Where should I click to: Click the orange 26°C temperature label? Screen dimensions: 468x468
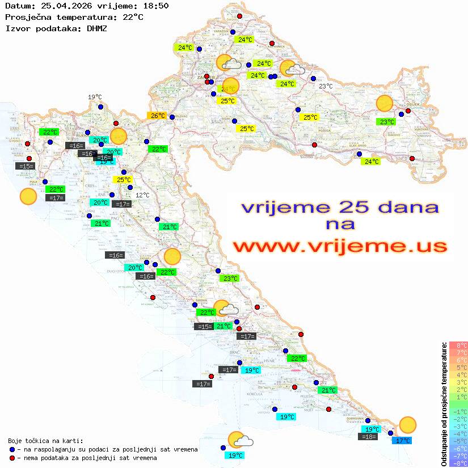pyautogui.click(x=157, y=116)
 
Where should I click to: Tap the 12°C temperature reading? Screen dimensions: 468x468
pyautogui.click(x=142, y=195)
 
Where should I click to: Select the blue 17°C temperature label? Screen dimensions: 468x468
pyautogui.click(x=403, y=440)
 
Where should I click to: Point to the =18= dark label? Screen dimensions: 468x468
pyautogui.click(x=369, y=437)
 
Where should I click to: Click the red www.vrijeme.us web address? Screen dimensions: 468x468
pyautogui.click(x=340, y=246)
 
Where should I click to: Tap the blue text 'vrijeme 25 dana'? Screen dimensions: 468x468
pyautogui.click(x=340, y=207)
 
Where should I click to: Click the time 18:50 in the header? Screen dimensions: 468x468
pyautogui.click(x=155, y=6)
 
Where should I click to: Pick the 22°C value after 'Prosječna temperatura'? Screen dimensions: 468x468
pyautogui.click(x=133, y=17)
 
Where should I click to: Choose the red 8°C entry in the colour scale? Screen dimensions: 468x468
pyautogui.click(x=458, y=345)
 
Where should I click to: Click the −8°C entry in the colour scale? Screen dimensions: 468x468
pyautogui.click(x=458, y=463)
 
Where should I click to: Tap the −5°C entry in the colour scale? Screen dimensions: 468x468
pyautogui.click(x=458, y=441)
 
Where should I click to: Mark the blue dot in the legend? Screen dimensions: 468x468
pyautogui.click(x=12, y=449)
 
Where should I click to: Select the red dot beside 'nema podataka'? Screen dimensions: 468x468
pyautogui.click(x=12, y=458)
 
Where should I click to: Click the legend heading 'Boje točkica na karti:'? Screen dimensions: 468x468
pyautogui.click(x=45, y=441)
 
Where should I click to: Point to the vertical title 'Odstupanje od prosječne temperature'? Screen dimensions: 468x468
pyautogui.click(x=445, y=404)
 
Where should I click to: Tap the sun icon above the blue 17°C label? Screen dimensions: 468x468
pyautogui.click(x=407, y=424)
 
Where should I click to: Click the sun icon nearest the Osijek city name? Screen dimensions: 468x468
pyautogui.click(x=385, y=104)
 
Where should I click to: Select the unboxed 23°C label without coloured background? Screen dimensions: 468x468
pyautogui.click(x=326, y=86)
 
